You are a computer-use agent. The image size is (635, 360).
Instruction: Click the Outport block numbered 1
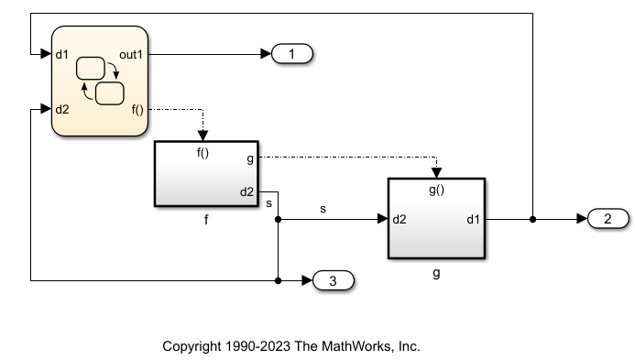pyautogui.click(x=292, y=55)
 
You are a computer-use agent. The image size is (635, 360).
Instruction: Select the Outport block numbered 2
pyautogui.click(x=607, y=219)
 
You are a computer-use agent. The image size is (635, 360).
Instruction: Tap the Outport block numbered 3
pyautogui.click(x=334, y=280)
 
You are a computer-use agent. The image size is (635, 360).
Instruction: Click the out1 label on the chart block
pyautogui.click(x=131, y=55)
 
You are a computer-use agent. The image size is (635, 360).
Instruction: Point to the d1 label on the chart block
pyautogui.click(x=62, y=55)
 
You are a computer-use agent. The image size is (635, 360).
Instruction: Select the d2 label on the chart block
pyautogui.click(x=62, y=110)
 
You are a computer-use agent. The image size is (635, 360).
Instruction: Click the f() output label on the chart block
pyautogui.click(x=137, y=110)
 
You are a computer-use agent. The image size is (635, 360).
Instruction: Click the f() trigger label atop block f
pyautogui.click(x=203, y=153)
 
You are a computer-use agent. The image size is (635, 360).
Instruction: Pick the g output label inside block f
pyautogui.click(x=251, y=158)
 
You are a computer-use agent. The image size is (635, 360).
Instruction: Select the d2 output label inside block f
pyautogui.click(x=247, y=192)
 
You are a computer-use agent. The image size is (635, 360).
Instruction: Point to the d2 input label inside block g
pyautogui.click(x=400, y=220)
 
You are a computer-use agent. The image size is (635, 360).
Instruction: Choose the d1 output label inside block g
pyautogui.click(x=473, y=220)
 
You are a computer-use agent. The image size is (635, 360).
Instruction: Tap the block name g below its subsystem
pyautogui.click(x=436, y=272)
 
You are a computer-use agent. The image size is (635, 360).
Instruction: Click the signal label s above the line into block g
pyautogui.click(x=323, y=209)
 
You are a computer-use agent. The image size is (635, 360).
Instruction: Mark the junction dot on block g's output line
pyautogui.click(x=533, y=220)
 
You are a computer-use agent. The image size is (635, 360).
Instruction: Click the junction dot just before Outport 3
pyautogui.click(x=278, y=280)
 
